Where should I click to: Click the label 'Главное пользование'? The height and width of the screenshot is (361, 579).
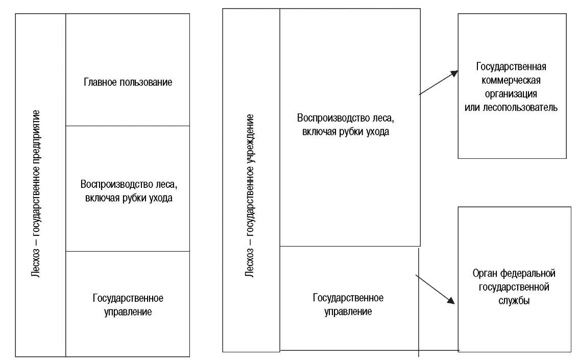[128, 82]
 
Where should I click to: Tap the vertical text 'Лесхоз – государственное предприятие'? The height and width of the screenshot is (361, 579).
[36, 194]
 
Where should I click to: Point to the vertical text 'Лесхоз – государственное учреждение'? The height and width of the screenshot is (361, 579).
[250, 196]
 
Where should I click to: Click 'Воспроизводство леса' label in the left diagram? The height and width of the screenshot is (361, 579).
[129, 184]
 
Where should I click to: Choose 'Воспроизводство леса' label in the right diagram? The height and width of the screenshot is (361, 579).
[346, 118]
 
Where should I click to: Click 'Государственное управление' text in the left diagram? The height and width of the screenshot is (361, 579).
[128, 305]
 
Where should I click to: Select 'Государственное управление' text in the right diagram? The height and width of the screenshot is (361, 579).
[348, 304]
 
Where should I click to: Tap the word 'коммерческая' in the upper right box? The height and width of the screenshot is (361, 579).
[511, 81]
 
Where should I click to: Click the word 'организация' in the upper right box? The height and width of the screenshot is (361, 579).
[511, 94]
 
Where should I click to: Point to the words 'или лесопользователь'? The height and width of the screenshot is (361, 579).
[511, 107]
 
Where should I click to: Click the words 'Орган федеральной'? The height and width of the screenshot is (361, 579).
[514, 274]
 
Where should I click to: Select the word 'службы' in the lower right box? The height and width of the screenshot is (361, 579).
[514, 300]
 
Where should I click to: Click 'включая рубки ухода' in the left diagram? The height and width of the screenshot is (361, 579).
[129, 198]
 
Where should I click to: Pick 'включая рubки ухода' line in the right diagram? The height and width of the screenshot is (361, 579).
[346, 132]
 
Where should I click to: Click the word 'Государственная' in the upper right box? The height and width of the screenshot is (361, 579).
[511, 67]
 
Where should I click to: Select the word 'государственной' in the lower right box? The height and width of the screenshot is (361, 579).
[514, 287]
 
